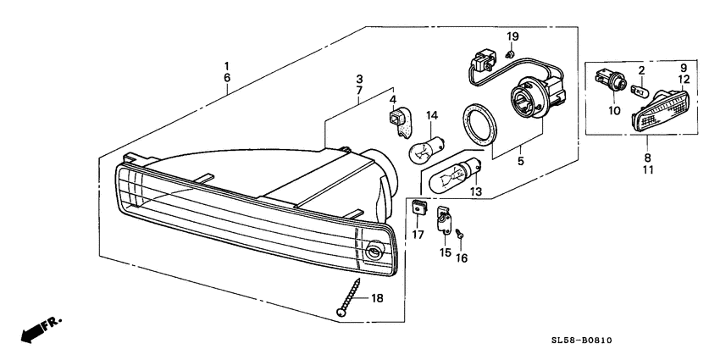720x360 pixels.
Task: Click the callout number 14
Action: pyautogui.click(x=431, y=115)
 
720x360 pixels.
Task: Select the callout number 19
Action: pyautogui.click(x=512, y=36)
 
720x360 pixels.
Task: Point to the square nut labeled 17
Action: pyautogui.click(x=418, y=208)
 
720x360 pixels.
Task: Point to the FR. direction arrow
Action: pyautogui.click(x=37, y=330)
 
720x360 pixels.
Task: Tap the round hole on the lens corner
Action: pyautogui.click(x=376, y=252)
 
